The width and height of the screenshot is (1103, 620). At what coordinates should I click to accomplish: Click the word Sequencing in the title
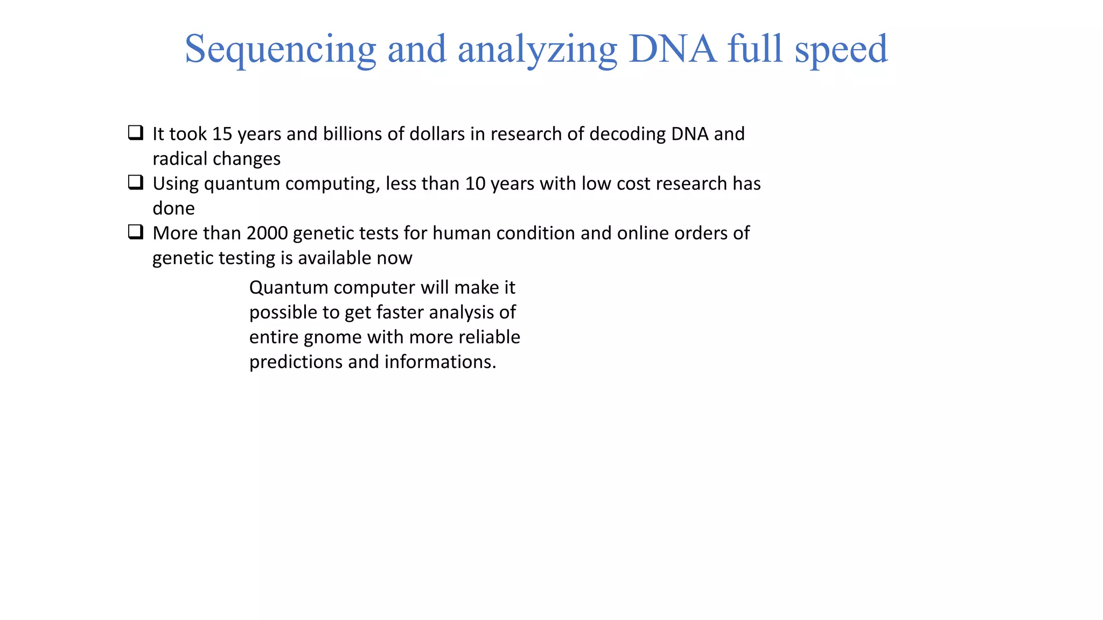(280, 50)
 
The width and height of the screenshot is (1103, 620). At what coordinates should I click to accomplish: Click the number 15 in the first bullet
(222, 134)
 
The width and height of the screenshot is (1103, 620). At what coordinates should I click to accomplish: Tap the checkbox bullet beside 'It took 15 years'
(136, 132)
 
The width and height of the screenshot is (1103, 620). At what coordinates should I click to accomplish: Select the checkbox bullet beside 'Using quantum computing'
(136, 182)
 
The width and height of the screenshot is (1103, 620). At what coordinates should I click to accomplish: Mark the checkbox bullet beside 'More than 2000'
(136, 232)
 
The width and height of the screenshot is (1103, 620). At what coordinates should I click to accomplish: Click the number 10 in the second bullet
(476, 184)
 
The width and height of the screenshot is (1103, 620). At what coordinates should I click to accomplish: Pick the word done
(173, 208)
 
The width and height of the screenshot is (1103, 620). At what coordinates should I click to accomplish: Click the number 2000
(267, 233)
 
